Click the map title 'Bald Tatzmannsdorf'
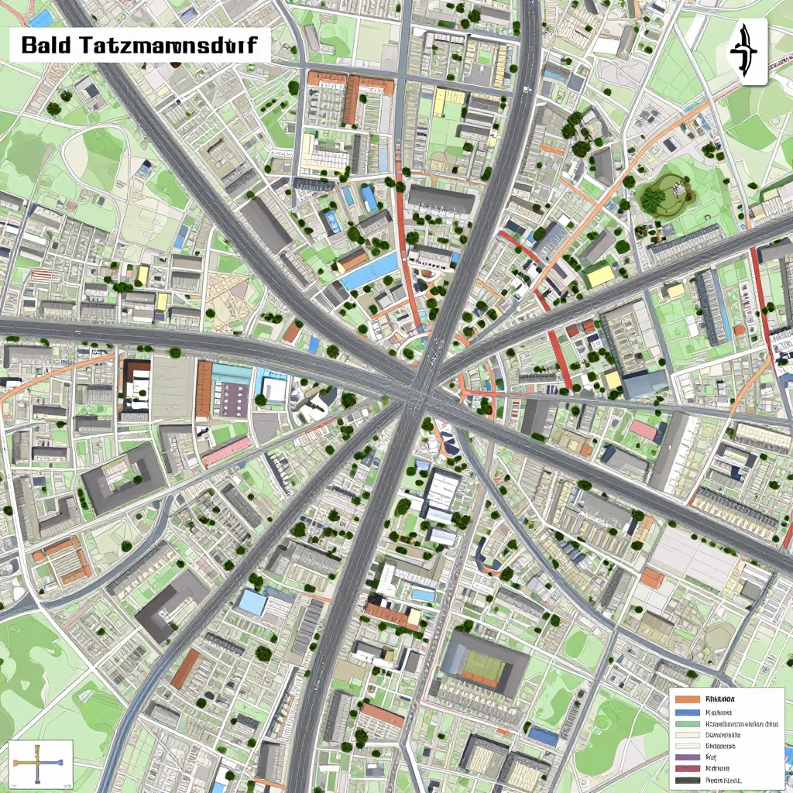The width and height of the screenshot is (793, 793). [139, 45]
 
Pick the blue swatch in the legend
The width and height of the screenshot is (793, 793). [687, 712]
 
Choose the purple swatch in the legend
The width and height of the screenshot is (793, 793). [687, 757]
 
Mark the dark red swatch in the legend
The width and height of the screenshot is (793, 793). [687, 768]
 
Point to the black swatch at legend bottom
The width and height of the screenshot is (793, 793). [687, 780]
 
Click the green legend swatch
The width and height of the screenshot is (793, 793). [687, 723]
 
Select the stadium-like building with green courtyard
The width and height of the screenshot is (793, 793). [483, 663]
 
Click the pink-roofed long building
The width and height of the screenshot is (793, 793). [226, 451]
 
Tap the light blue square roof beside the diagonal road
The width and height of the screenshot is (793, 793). [252, 602]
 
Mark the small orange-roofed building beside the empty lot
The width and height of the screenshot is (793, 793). [652, 578]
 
